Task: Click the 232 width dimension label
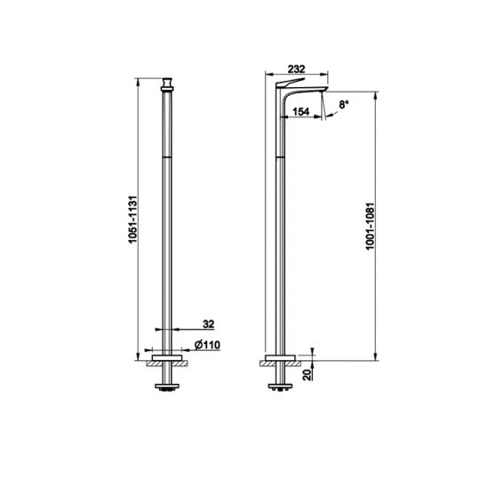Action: [296, 68]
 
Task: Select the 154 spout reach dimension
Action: [301, 112]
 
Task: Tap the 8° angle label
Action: [344, 105]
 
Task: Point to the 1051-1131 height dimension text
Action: [133, 220]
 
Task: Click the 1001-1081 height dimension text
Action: [370, 227]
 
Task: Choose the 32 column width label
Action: [209, 324]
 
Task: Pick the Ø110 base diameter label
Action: [207, 345]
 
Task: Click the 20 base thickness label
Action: [307, 374]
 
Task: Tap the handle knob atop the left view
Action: [167, 84]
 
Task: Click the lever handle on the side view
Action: [290, 82]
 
